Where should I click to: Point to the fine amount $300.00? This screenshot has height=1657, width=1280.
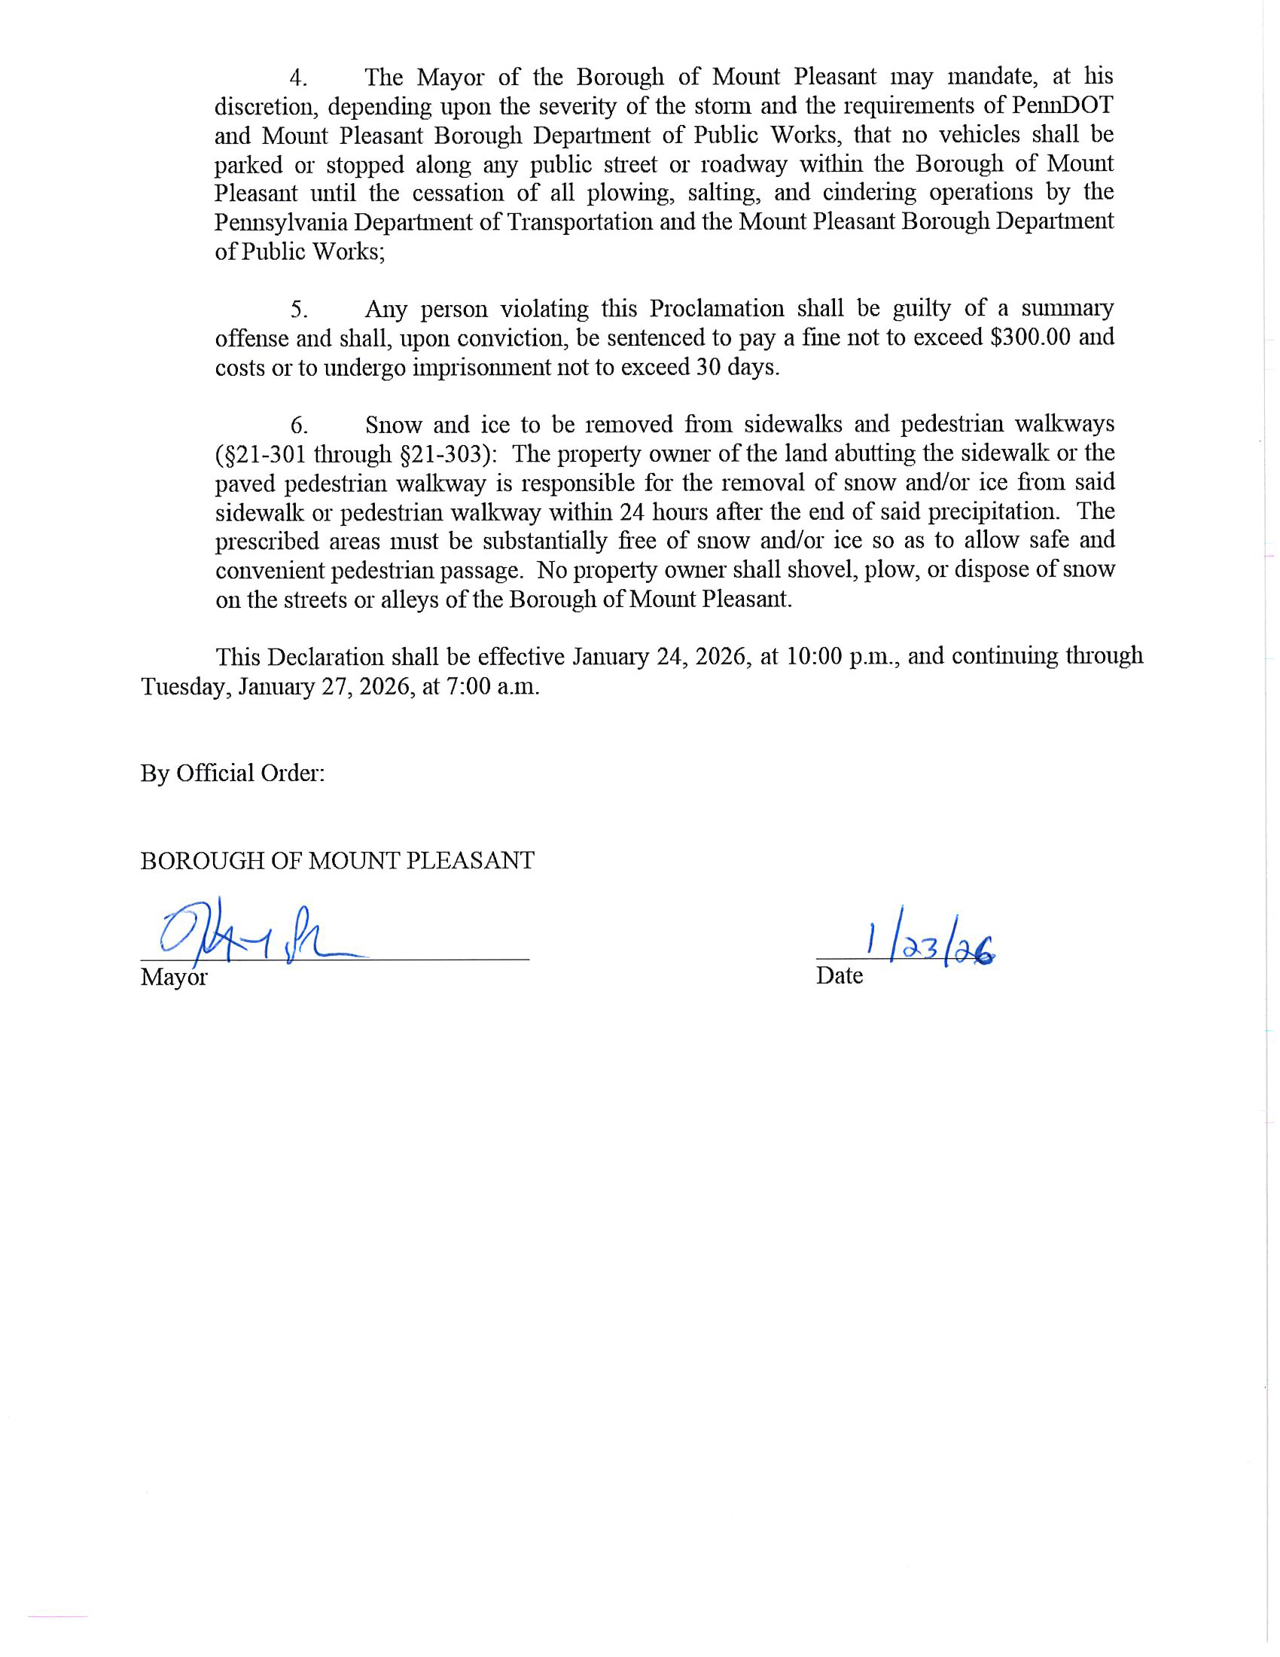click(1031, 337)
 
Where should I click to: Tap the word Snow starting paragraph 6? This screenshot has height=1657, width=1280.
click(393, 425)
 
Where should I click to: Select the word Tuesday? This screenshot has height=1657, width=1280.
click(186, 688)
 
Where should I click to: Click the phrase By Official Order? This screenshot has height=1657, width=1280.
click(233, 773)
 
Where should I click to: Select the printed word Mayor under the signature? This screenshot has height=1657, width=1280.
click(174, 977)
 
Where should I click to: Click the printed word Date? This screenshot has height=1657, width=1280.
click(839, 975)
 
